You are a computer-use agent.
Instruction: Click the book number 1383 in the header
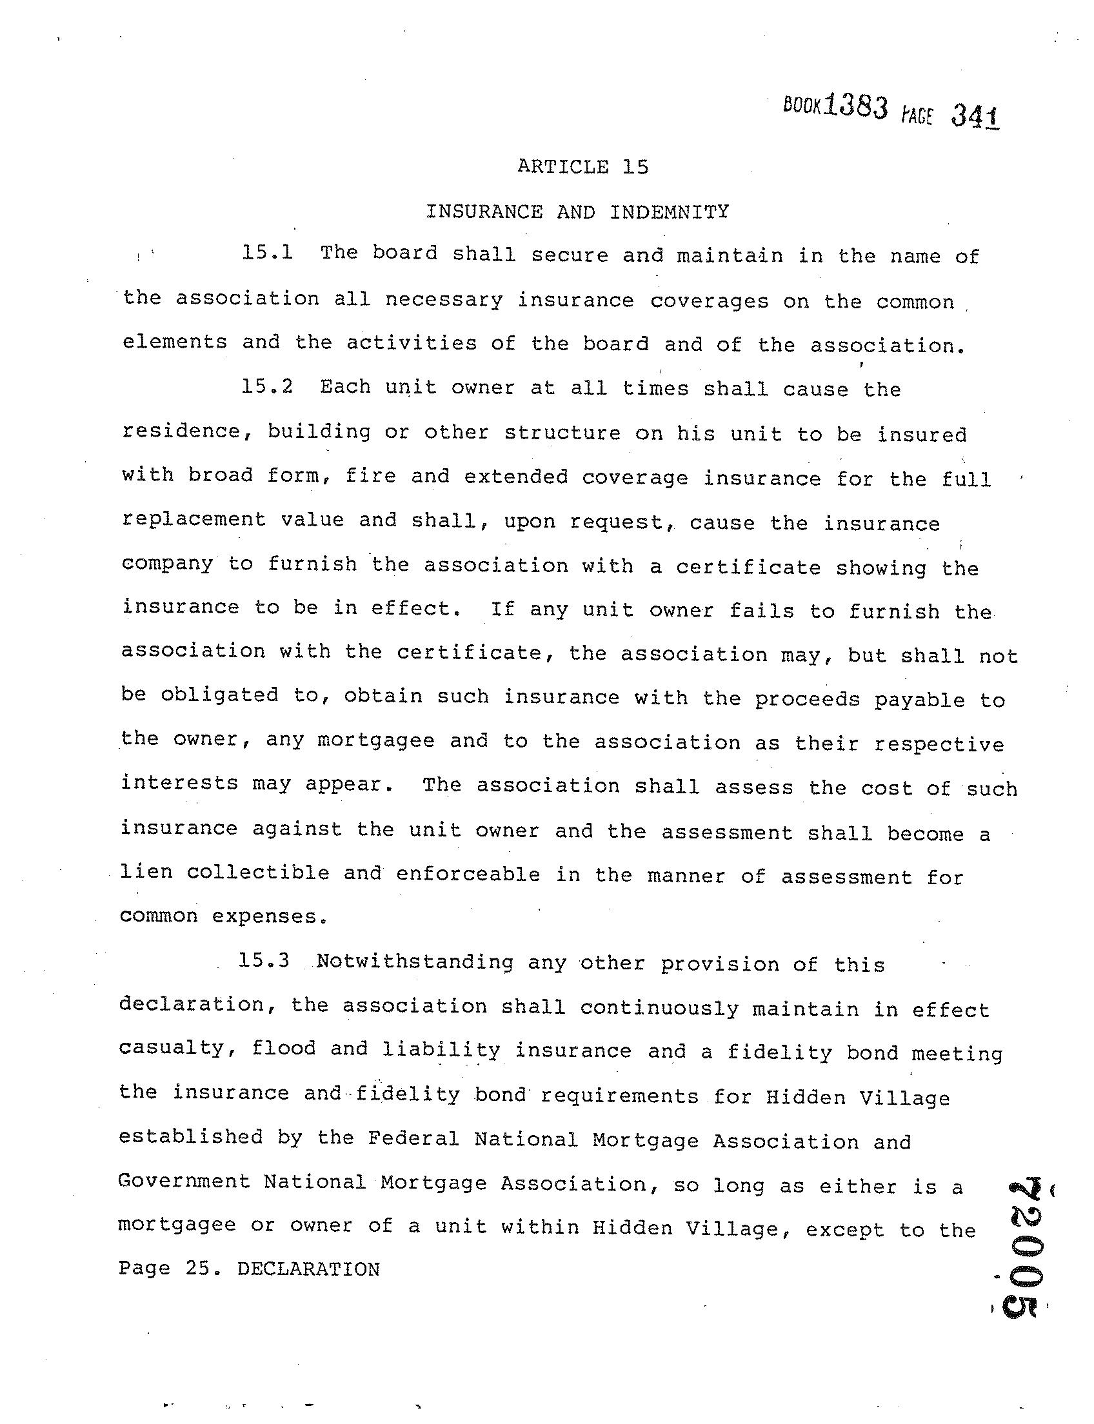click(x=855, y=106)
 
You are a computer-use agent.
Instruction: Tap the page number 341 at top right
click(x=975, y=117)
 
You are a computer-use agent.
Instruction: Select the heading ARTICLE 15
click(x=583, y=167)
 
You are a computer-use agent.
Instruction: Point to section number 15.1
click(x=267, y=253)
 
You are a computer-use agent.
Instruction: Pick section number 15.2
click(x=267, y=387)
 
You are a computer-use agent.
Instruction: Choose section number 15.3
click(x=264, y=961)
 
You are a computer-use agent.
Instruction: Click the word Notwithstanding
click(x=415, y=962)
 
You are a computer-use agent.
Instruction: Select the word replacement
click(x=194, y=520)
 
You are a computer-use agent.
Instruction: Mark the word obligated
click(x=219, y=695)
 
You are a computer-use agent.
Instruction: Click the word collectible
click(x=258, y=873)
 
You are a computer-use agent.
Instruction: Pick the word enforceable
click(x=468, y=874)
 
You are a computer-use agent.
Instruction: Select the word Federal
click(x=413, y=1139)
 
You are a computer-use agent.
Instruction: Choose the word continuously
click(x=659, y=1008)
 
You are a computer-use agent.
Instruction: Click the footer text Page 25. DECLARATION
click(x=249, y=1269)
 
